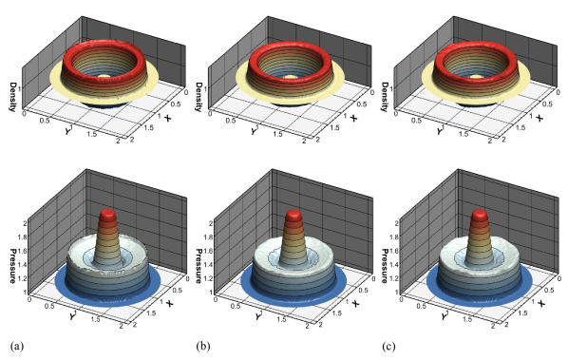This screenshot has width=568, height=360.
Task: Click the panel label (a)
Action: [17, 347]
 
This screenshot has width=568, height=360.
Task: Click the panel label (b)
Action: [203, 347]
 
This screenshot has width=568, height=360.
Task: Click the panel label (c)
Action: [388, 347]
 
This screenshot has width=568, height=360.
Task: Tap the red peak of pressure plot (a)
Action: [108, 216]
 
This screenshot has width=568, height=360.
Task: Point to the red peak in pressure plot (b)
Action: [293, 216]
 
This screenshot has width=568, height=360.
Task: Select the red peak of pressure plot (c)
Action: [480, 216]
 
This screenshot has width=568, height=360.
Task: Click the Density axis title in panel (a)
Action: [13, 97]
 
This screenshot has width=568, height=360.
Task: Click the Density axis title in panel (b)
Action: [199, 97]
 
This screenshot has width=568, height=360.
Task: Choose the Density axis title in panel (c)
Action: [385, 97]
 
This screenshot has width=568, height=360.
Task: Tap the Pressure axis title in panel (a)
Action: [13, 266]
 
